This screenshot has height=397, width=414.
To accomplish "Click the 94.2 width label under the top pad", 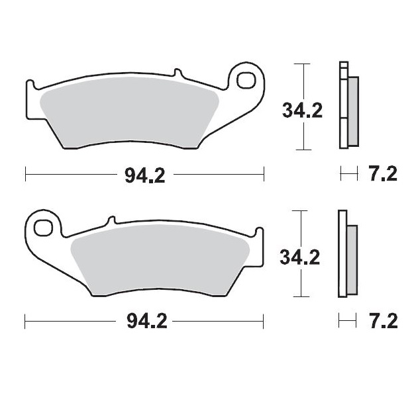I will [x=144, y=176].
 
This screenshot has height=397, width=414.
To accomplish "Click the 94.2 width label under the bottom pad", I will [x=144, y=322].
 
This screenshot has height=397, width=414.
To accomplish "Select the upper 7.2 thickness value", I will [x=382, y=175].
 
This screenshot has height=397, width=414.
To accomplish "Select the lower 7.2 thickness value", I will [x=382, y=322].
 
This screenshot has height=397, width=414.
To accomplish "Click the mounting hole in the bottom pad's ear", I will [x=44, y=227].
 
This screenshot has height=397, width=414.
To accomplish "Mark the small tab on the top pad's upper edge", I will [x=176, y=73].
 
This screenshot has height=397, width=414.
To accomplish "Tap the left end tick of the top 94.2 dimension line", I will [x=25, y=175].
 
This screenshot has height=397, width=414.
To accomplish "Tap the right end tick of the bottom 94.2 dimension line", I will [x=264, y=322].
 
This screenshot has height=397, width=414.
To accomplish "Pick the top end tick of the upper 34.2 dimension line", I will [x=303, y=64].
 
